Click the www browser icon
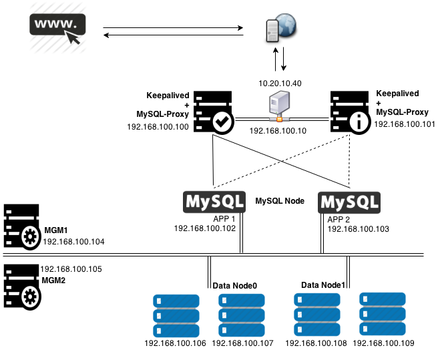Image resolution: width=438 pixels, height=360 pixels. click(58, 30)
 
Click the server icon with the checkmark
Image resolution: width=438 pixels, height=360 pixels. click(214, 114)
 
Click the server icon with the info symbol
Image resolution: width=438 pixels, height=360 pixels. click(351, 114)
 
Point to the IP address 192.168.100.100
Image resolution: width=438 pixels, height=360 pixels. click(158, 126)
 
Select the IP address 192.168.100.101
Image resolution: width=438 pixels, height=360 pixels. click(404, 124)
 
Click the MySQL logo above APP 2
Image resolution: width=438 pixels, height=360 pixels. click(349, 202)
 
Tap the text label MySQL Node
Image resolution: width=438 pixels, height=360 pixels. click(280, 200)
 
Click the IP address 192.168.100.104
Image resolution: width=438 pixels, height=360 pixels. click(73, 240)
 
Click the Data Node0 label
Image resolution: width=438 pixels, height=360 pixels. click(235, 285)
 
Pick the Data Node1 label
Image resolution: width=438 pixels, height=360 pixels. click(323, 285)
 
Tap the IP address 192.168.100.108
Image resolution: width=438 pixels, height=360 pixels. click(316, 343)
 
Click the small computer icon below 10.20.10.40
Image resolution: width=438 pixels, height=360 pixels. click(278, 106)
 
